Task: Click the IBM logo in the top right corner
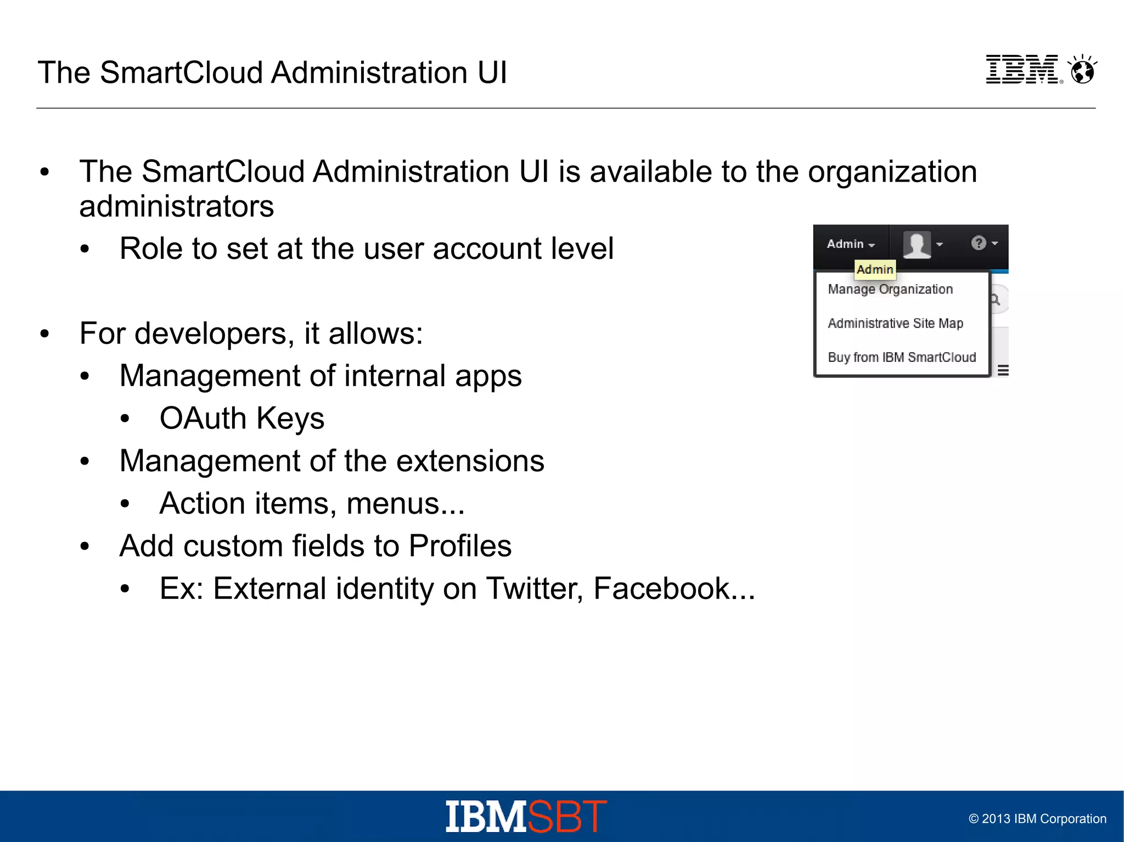point(1021,70)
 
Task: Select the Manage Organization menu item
point(890,289)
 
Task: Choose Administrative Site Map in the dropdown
point(895,323)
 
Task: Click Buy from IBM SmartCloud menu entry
point(902,357)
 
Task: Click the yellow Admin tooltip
point(875,269)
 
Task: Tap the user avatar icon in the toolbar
point(917,244)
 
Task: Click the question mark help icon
point(979,243)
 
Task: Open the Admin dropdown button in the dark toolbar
point(850,244)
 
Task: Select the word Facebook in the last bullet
point(661,589)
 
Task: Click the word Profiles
point(460,546)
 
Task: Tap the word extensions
point(470,461)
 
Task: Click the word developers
point(211,334)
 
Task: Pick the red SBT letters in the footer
point(567,816)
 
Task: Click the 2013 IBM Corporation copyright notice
point(1037,819)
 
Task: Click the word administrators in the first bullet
point(176,206)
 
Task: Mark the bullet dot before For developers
point(44,334)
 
